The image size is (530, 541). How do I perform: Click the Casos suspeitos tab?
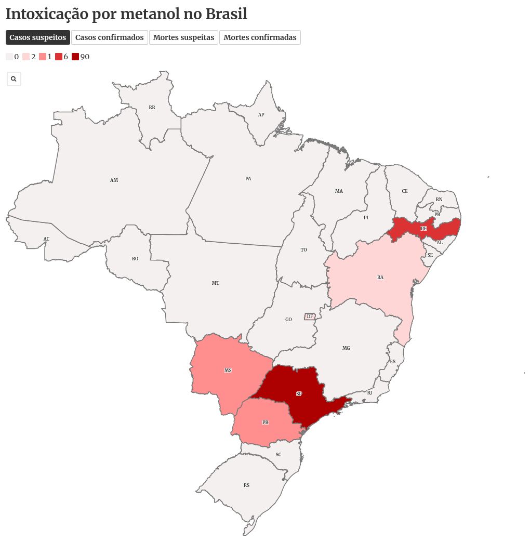coord(38,37)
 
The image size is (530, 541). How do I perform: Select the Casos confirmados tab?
coord(109,37)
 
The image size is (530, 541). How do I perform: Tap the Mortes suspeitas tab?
coord(183,37)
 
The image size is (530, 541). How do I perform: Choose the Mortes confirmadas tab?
coord(260,37)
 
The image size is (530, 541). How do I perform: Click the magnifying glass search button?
coord(14,79)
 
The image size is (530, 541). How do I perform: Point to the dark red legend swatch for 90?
coord(75,57)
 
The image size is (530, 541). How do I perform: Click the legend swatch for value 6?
coord(59,57)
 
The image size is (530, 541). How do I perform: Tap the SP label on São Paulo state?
coord(299,394)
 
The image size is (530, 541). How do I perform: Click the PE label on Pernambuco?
coord(423,229)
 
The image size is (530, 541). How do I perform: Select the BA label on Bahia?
coord(380,278)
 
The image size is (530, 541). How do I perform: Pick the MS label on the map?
coord(228,371)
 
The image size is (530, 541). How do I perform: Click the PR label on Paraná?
coord(265,423)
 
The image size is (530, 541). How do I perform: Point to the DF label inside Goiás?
coord(310,316)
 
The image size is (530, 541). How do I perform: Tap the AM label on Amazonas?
coord(114,180)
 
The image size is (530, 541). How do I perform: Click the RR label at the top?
coord(152,108)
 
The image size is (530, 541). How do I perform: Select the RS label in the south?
coord(246,485)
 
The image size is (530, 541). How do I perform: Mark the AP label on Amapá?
coord(261,115)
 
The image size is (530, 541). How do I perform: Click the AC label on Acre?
coord(46,239)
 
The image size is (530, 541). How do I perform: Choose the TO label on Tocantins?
coord(303,250)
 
